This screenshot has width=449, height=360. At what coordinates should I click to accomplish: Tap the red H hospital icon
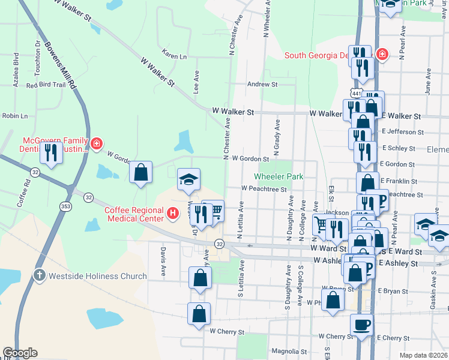pyautogui.click(x=173, y=213)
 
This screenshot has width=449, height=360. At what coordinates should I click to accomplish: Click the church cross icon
pyautogui.click(x=40, y=275)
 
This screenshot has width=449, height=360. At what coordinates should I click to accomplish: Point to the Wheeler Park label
pyautogui.click(x=279, y=176)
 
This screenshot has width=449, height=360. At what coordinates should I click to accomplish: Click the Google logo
pyautogui.click(x=20, y=353)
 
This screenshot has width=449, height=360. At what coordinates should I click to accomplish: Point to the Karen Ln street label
pyautogui.click(x=174, y=56)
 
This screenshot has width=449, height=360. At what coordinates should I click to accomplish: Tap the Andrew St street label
pyautogui.click(x=262, y=85)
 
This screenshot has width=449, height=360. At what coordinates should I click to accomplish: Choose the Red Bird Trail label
pyautogui.click(x=45, y=85)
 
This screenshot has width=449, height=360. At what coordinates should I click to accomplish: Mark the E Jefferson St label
pyautogui.click(x=402, y=131)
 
